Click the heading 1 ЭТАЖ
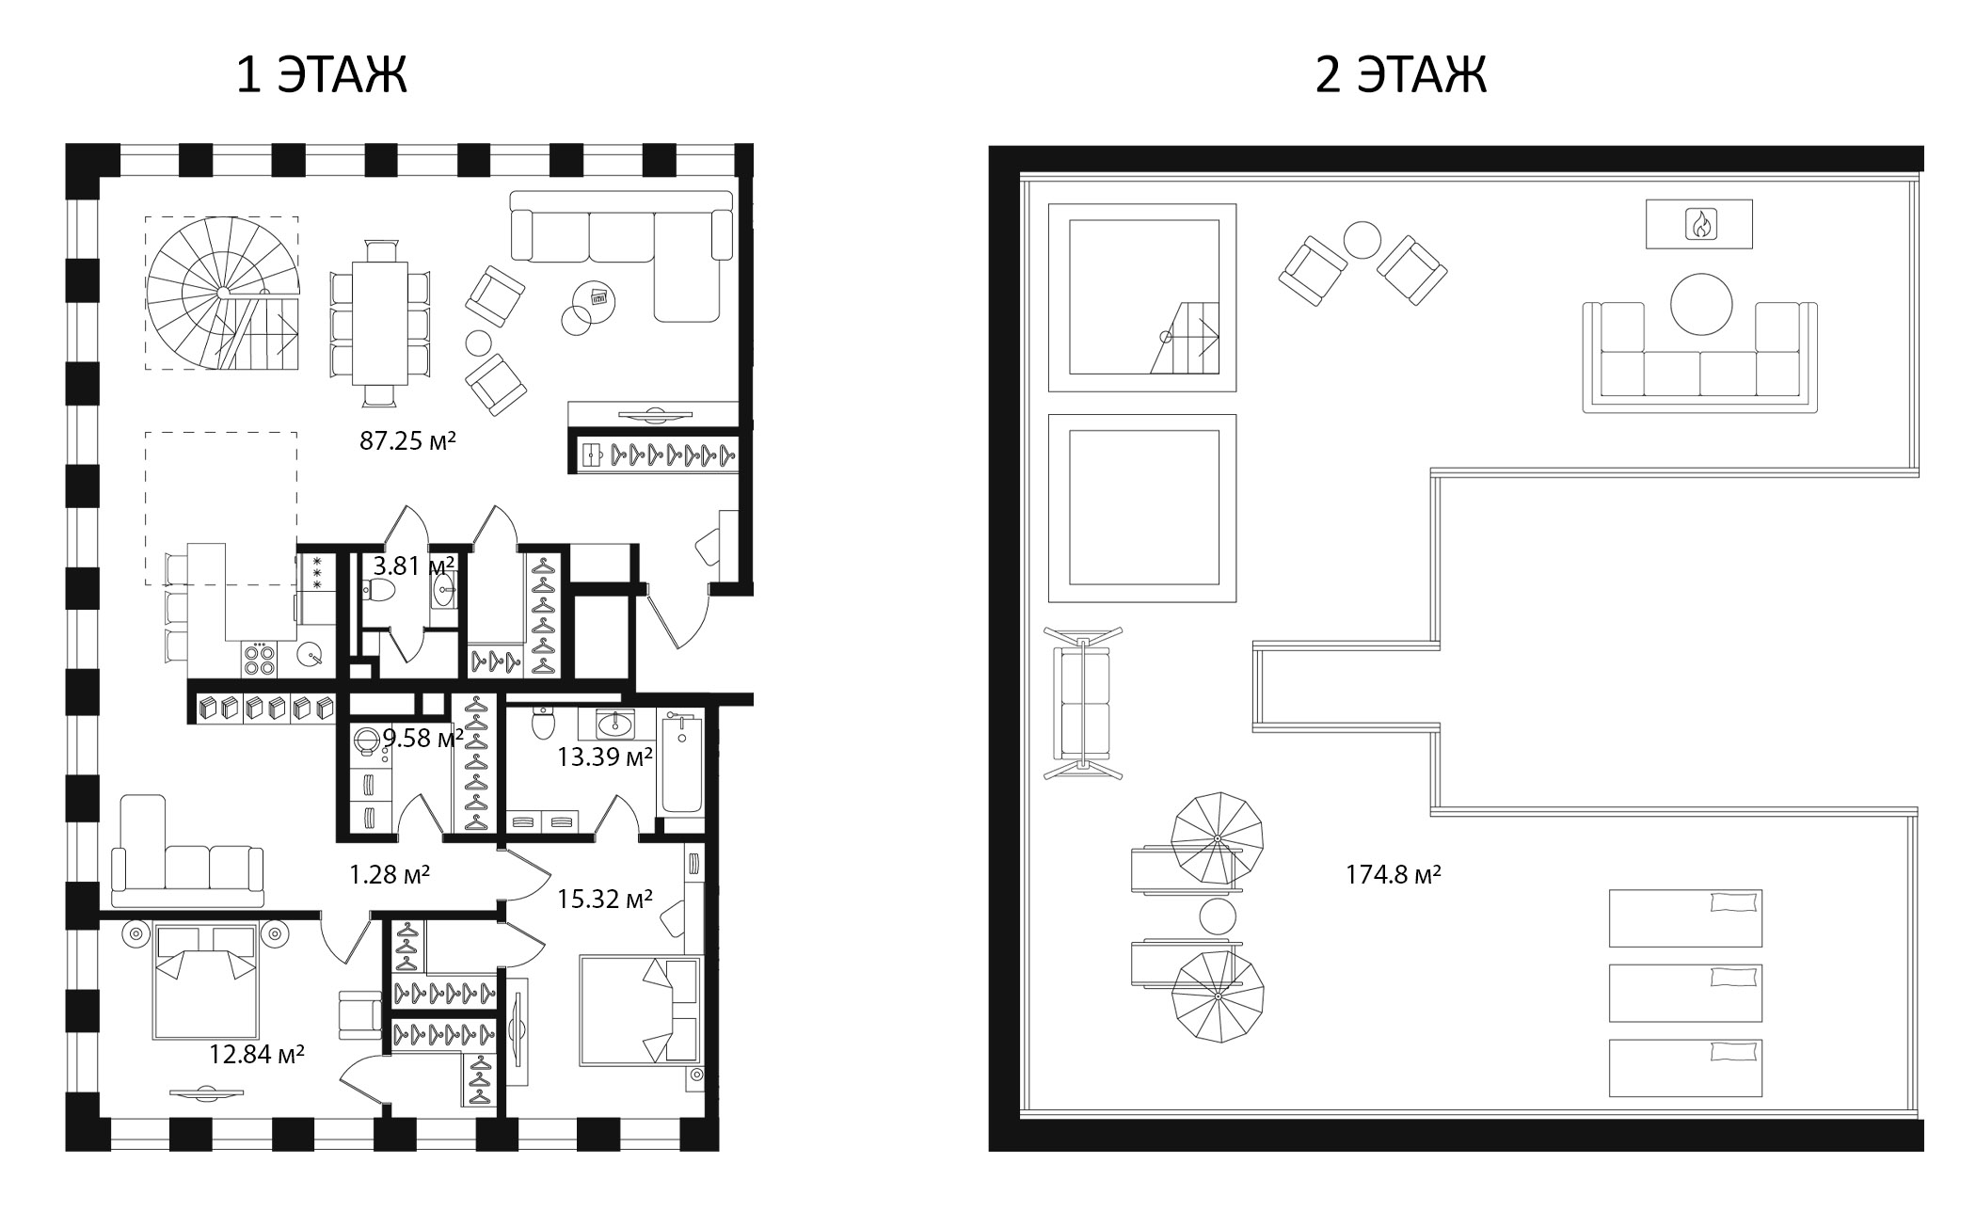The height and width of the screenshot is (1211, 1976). pos(321,74)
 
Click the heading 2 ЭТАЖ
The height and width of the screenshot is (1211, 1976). pos(1399,74)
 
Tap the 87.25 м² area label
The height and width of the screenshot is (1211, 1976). pos(406,440)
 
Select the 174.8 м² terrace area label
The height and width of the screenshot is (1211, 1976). pos(1393,875)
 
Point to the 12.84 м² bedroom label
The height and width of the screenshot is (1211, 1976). pos(256,1054)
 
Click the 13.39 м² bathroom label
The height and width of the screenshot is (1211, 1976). pos(604,756)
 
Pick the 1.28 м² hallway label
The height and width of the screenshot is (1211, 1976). pos(389,875)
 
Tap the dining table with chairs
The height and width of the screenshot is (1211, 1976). pos(380,324)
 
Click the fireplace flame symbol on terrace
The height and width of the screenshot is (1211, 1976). pos(1698,224)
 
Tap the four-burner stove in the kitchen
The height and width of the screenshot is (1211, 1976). pos(259,658)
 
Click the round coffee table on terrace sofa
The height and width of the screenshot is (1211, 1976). pos(1700,304)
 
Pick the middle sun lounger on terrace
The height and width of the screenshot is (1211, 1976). pos(1684,992)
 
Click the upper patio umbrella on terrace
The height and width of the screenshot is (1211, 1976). pos(1215,837)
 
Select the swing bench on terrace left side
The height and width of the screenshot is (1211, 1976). pos(1083,703)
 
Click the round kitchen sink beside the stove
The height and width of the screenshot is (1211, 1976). pos(310,654)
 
